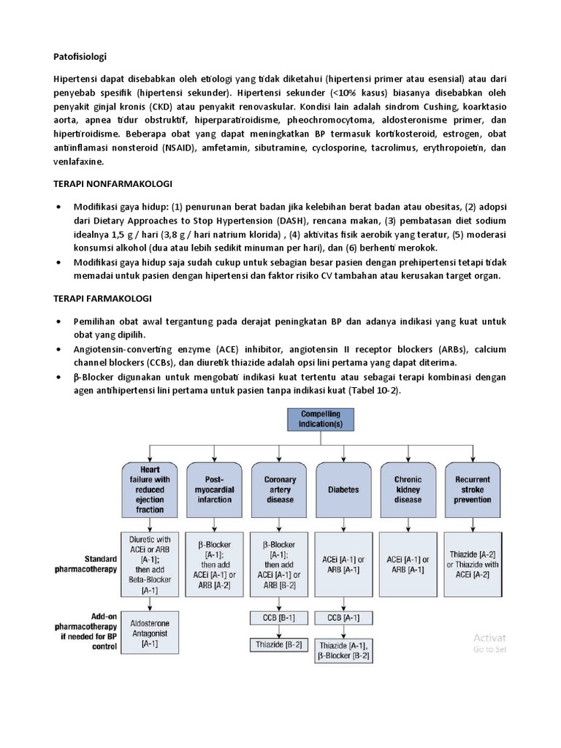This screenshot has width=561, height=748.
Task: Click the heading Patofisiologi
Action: pos(81,55)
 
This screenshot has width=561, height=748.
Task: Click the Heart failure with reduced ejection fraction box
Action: pos(149,489)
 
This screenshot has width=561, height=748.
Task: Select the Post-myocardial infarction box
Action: pos(214,489)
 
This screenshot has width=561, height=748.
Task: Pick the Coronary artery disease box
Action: pos(279,489)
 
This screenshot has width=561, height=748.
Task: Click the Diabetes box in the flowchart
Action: pos(344,489)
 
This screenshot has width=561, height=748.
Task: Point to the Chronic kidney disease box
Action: pos(408,489)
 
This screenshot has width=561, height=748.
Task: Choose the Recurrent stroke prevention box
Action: pos(472,489)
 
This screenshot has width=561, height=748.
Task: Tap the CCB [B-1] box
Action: pos(278,618)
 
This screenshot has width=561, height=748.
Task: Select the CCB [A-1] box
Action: pos(343,618)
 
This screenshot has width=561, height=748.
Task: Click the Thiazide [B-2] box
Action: pos(278,645)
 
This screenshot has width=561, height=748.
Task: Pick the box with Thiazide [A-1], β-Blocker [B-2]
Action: pos(343,650)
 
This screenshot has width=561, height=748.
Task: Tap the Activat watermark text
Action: pos(489,637)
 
